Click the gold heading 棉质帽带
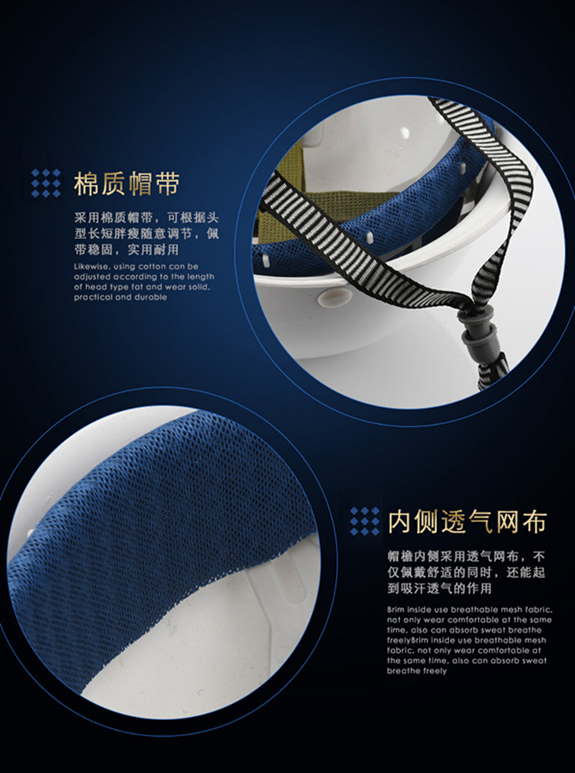[127, 184]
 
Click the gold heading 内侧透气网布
[467, 522]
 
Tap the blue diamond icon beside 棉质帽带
[46, 183]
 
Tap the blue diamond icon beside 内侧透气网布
[365, 521]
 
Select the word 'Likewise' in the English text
[89, 267]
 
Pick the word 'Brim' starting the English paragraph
[395, 610]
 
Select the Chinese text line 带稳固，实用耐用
[127, 249]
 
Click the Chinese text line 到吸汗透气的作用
[439, 588]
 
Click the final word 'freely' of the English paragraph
[434, 671]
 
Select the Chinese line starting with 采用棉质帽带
[146, 218]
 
